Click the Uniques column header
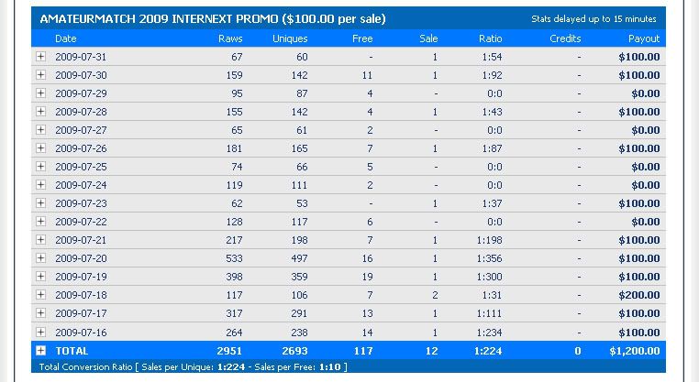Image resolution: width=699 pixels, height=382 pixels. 290,39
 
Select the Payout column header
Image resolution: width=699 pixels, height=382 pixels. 644,39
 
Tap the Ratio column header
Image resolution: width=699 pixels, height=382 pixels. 490,39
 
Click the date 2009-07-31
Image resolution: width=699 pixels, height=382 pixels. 81,57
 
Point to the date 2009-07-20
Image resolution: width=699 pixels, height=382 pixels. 81,258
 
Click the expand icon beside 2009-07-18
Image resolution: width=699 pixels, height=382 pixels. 40,295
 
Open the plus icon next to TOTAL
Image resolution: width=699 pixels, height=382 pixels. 40,350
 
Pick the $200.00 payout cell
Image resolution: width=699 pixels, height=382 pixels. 638,295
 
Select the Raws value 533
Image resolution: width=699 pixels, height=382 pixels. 231,258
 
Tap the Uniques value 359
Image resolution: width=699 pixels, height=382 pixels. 296,277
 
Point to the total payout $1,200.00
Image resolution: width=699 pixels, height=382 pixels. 635,350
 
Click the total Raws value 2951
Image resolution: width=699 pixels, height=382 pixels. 227,350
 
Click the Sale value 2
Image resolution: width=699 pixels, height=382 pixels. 434,295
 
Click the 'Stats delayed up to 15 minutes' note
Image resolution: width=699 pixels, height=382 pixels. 594,18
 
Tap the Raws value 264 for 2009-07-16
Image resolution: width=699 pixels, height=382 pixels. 231,332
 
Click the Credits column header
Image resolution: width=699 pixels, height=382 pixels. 565,39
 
